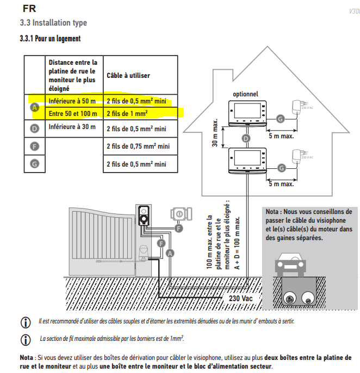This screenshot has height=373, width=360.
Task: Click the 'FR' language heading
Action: coord(28,9)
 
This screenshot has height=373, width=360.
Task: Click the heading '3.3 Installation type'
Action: coord(53,23)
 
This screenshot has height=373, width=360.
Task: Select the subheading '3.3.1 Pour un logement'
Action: coord(50,39)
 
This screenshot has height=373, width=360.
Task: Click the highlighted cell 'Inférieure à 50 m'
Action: coord(73,101)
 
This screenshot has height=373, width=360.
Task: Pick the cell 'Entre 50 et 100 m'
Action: coord(73,113)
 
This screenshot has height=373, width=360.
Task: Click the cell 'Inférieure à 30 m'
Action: coord(73,127)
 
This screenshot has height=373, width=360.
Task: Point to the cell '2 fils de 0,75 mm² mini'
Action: coord(138,145)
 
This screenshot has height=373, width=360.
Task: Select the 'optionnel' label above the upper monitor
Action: coord(245,94)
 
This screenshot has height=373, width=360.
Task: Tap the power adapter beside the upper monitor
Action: coord(297,107)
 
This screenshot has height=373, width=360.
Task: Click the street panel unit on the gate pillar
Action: coord(144,214)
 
